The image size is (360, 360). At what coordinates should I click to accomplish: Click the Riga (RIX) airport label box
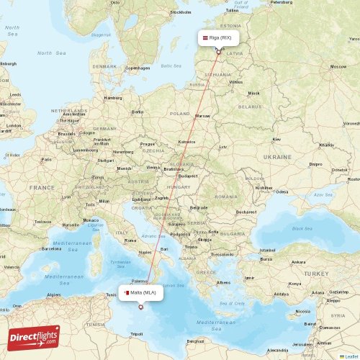point(217,37)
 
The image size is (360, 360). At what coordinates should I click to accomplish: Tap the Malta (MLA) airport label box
point(141,292)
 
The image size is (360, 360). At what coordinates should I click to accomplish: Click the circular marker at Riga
point(218,52)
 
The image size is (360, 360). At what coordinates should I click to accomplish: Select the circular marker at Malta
point(140,307)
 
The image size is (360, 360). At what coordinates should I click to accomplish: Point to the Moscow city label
point(338,66)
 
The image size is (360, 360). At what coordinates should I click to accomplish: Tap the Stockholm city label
point(179,12)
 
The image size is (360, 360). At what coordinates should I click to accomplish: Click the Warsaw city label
point(202,115)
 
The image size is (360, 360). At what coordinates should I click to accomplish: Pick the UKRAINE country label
point(277,156)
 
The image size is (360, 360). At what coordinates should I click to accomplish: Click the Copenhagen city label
point(137,68)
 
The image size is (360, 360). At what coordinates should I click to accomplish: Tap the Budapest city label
point(189,175)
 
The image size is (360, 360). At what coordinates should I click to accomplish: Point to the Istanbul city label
point(267,249)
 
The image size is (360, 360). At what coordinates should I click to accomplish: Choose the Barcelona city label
point(52,248)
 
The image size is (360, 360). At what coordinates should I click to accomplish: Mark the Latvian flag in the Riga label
point(204,37)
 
